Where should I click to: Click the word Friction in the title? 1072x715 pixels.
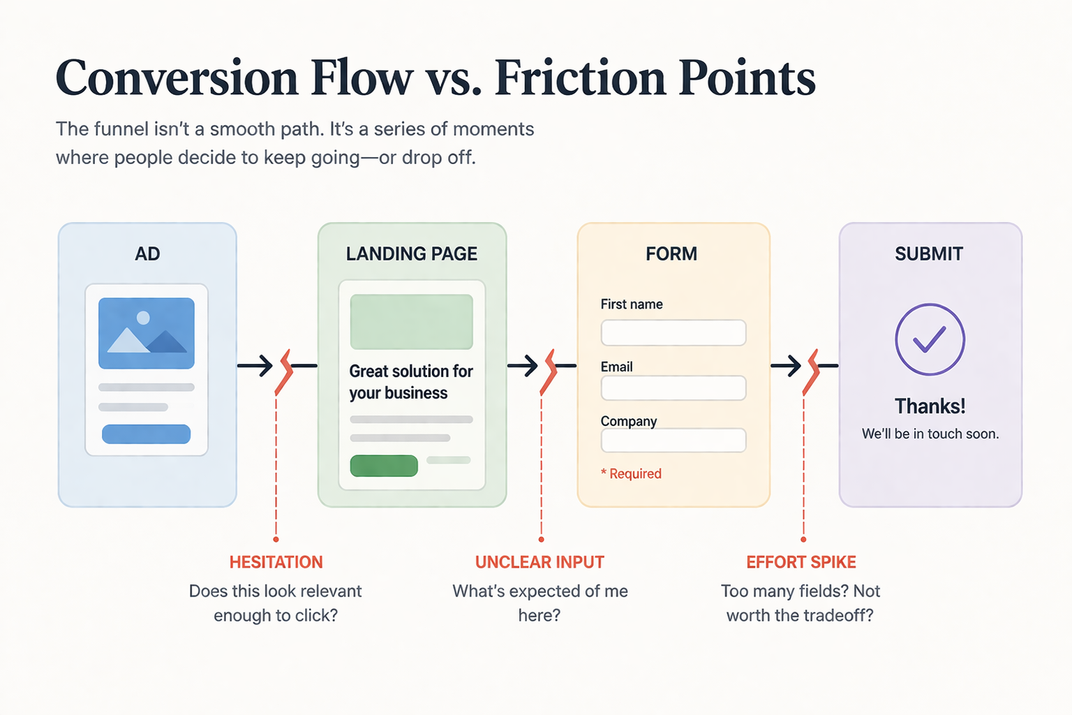[x=580, y=78]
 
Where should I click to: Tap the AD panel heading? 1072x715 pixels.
[x=147, y=253]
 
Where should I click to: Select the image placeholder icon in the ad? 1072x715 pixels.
[x=147, y=333]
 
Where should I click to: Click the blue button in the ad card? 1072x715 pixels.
[x=146, y=434]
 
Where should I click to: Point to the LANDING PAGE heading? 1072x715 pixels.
[x=411, y=253]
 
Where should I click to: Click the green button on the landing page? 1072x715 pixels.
[x=383, y=466]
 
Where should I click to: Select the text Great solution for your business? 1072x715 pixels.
[x=410, y=382]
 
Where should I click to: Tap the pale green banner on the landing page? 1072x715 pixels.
[x=411, y=321]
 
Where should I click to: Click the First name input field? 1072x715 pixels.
[x=673, y=333]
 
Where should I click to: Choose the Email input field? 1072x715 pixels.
[x=673, y=388]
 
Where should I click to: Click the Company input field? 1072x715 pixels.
[x=673, y=441]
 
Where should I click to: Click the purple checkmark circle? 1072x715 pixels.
[x=930, y=339]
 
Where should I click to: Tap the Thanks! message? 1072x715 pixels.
[x=930, y=406]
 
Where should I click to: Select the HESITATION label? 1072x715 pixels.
[x=276, y=562]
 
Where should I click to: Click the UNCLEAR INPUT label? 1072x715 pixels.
[x=539, y=562]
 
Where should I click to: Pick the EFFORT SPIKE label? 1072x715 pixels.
[x=801, y=562]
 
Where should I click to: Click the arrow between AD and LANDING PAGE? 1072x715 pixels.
[x=257, y=365]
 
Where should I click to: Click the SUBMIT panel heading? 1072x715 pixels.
[x=928, y=253]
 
